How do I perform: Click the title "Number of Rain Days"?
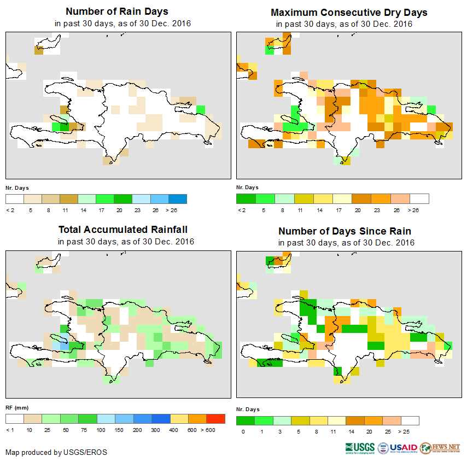coord(116,11)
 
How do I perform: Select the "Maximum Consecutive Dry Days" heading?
coord(349,12)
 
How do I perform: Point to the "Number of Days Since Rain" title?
coord(345,231)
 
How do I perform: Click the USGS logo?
coord(359,448)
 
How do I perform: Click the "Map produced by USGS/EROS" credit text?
coord(56,452)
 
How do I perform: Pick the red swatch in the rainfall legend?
coord(215,419)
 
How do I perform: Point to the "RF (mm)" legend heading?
coord(16,407)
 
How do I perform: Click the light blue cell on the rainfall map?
coord(64,346)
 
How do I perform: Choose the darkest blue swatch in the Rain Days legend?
coord(177,198)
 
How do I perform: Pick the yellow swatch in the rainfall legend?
coord(179,419)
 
